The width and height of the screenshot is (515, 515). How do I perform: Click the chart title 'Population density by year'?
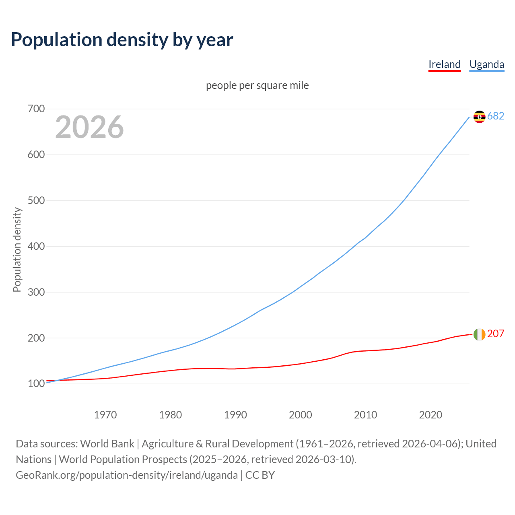coord(122,39)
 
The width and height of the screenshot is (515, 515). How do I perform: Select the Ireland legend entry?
coord(444,64)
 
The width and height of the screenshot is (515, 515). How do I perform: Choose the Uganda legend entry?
coord(486,64)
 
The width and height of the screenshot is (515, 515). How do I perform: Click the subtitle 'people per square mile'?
coord(257,85)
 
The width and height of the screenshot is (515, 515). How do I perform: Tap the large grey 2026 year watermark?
coord(89,127)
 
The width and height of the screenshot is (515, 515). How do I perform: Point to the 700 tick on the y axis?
coord(36,109)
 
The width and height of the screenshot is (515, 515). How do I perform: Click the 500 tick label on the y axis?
coord(36,200)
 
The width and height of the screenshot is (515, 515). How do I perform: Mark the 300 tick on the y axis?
coord(36,292)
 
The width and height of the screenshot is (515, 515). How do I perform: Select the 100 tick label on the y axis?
coord(36,384)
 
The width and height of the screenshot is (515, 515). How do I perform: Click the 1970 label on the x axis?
coord(105,415)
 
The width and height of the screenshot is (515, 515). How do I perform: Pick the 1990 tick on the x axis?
coord(235,415)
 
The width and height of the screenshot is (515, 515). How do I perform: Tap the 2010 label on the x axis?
coord(365,415)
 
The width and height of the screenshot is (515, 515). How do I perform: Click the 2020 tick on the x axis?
coord(431,415)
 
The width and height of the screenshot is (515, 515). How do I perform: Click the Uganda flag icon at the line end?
coord(479,117)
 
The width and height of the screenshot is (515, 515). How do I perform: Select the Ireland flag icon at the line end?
coord(479,334)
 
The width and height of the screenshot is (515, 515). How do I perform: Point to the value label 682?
coord(496,116)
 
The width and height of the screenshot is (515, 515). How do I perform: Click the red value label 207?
coord(496,334)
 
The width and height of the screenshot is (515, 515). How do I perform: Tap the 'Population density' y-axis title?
coord(17,249)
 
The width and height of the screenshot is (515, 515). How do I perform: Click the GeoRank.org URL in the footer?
coord(127,475)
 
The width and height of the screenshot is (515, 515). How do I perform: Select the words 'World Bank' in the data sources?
coord(107,444)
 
